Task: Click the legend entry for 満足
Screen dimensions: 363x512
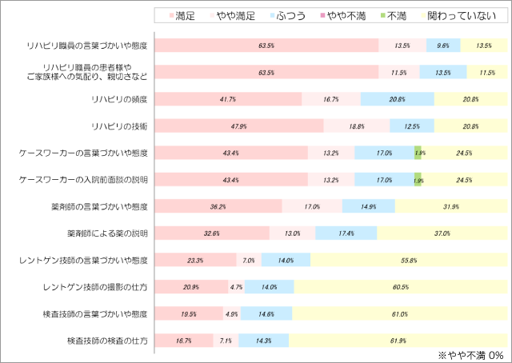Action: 186,14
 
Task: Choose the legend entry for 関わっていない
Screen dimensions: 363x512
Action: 455,14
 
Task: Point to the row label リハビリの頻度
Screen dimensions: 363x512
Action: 121,99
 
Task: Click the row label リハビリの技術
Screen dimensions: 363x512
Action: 121,126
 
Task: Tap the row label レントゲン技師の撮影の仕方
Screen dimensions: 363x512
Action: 96,287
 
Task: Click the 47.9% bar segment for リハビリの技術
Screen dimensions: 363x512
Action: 239,126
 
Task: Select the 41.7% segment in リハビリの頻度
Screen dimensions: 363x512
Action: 228,99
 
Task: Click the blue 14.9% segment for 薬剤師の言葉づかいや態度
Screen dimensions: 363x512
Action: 369,206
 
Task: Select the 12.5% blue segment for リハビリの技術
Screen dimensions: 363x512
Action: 412,126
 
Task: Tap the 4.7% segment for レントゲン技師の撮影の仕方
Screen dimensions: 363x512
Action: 237,287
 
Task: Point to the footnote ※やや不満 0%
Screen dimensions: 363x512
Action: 470,354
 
